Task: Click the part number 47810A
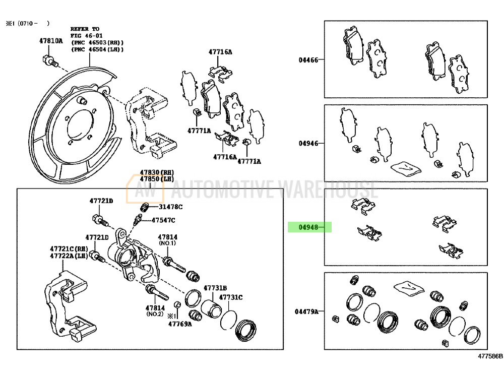pyautogui.click(x=51, y=41)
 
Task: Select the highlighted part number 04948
pyautogui.click(x=308, y=227)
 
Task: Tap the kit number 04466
pyautogui.click(x=308, y=60)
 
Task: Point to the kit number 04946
pyautogui.click(x=308, y=143)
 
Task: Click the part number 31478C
pyautogui.click(x=170, y=207)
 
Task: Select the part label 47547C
pyautogui.click(x=163, y=220)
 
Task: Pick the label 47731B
pyautogui.click(x=215, y=288)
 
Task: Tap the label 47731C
pyautogui.click(x=231, y=297)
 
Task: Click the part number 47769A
pyautogui.click(x=180, y=324)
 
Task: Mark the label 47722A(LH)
pyautogui.click(x=69, y=256)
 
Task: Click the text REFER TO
pyautogui.click(x=85, y=29)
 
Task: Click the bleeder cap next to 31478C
pyautogui.click(x=144, y=207)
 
